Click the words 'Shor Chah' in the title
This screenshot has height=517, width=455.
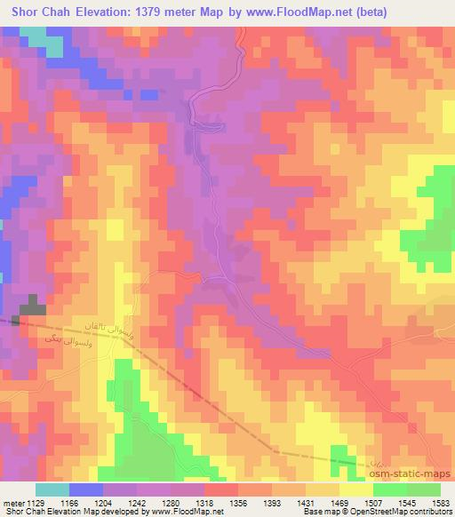[x=37, y=12]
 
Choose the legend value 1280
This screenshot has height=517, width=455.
[x=187, y=502]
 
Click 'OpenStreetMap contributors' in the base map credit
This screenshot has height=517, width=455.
[x=403, y=512]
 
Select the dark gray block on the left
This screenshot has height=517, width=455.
[x=31, y=306]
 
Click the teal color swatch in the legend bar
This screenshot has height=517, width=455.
[x=52, y=489]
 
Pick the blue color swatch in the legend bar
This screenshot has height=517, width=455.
[x=85, y=489]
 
